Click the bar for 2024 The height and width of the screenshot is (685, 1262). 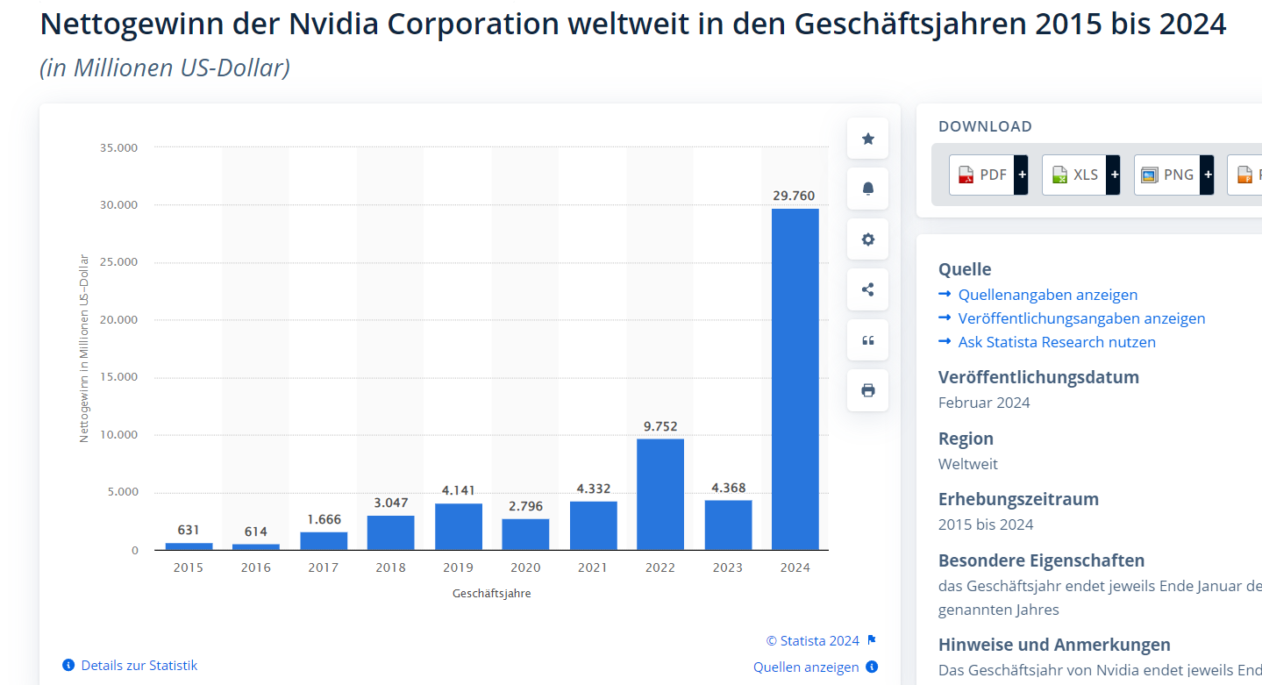pyautogui.click(x=795, y=379)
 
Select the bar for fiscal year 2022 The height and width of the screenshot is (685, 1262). pyautogui.click(x=660, y=494)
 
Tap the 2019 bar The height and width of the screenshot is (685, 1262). pyautogui.click(x=458, y=526)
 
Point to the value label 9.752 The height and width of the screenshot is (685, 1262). pyautogui.click(x=660, y=426)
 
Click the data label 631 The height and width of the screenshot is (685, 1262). pyautogui.click(x=189, y=530)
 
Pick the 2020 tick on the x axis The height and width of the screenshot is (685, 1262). pyautogui.click(x=525, y=567)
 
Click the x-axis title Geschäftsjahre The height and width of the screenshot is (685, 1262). pyautogui.click(x=492, y=593)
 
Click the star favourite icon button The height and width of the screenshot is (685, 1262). pyautogui.click(x=868, y=139)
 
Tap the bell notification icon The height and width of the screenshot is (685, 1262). pyautogui.click(x=868, y=189)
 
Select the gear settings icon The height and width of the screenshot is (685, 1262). pyautogui.click(x=868, y=239)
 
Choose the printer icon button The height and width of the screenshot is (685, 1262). pyautogui.click(x=868, y=390)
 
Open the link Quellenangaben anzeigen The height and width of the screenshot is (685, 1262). pyautogui.click(x=1047, y=295)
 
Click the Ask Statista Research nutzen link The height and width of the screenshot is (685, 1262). pyautogui.click(x=1057, y=342)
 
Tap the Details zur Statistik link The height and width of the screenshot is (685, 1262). pyautogui.click(x=139, y=666)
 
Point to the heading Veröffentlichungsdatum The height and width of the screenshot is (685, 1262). pyautogui.click(x=1038, y=377)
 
